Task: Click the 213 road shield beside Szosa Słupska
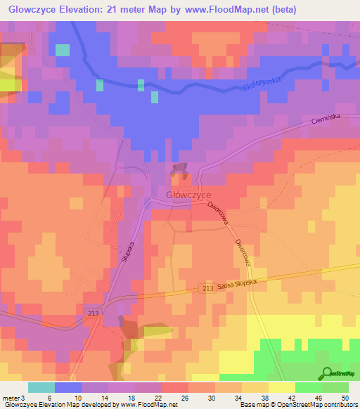[x=207, y=289]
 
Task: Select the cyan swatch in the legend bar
[x=41, y=387]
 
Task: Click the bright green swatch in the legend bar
[x=308, y=387]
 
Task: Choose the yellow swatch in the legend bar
[x=281, y=387]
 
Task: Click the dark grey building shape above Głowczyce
[x=179, y=169]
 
